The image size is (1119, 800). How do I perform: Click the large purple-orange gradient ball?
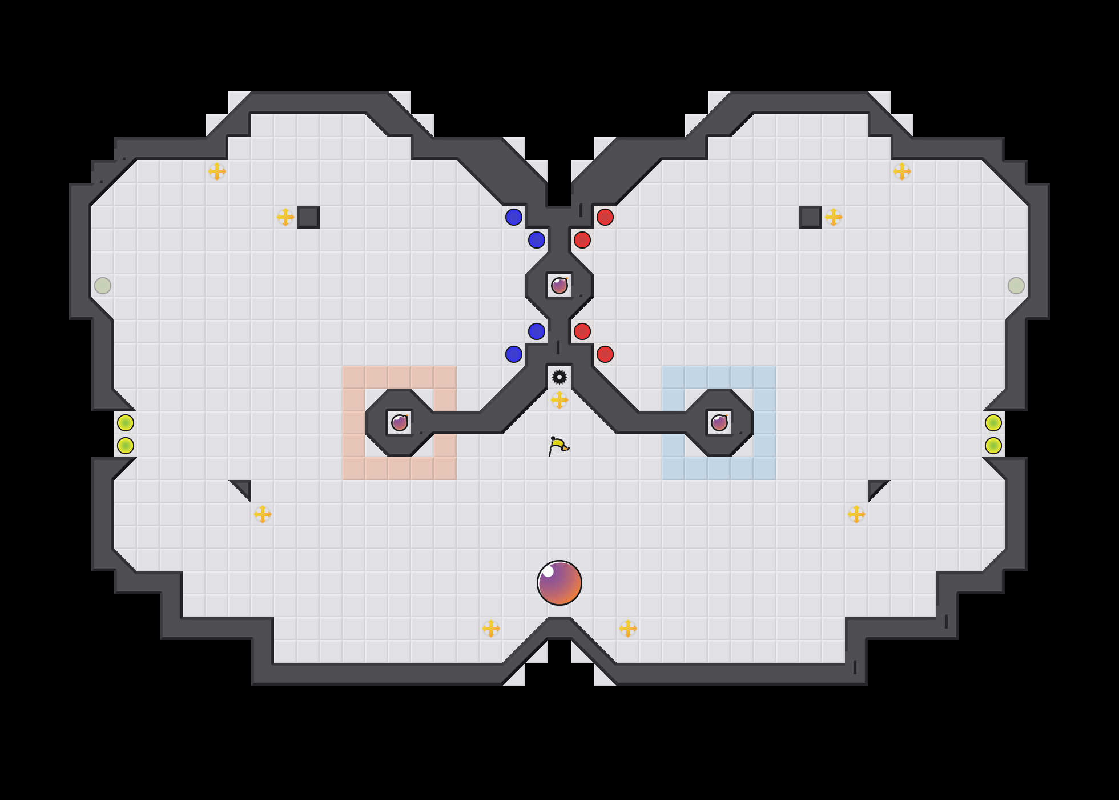pyautogui.click(x=559, y=583)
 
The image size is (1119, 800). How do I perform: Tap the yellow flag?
pyautogui.click(x=558, y=446)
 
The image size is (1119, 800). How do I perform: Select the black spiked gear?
pyautogui.click(x=559, y=377)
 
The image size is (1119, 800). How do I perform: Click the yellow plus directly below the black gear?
pyautogui.click(x=559, y=400)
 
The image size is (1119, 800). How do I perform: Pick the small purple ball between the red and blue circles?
pyautogui.click(x=559, y=286)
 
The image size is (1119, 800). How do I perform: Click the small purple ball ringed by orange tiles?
pyautogui.click(x=400, y=423)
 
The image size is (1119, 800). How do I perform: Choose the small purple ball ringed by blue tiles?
pyautogui.click(x=719, y=423)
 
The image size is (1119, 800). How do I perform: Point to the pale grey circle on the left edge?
pyautogui.click(x=103, y=286)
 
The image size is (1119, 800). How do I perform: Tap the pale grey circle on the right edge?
pyautogui.click(x=1016, y=286)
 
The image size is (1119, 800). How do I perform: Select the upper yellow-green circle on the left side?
pyautogui.click(x=126, y=423)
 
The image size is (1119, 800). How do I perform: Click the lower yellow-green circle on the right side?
pyautogui.click(x=993, y=446)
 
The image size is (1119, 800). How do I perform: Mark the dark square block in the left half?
pyautogui.click(x=308, y=217)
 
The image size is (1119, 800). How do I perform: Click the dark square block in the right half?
pyautogui.click(x=811, y=217)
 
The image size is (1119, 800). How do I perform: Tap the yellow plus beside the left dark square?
pyautogui.click(x=285, y=217)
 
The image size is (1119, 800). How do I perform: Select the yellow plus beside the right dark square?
pyautogui.click(x=834, y=217)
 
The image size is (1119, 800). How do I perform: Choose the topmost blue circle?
pyautogui.click(x=514, y=217)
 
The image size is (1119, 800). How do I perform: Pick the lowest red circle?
pyautogui.click(x=605, y=354)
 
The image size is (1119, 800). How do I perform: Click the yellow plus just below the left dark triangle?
pyautogui.click(x=263, y=514)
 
